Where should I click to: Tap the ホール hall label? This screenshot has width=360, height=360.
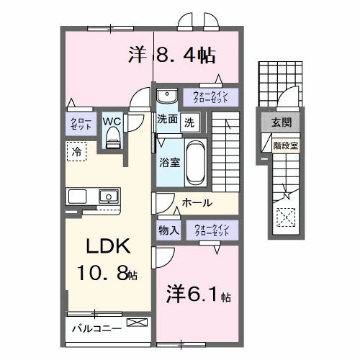click(197, 204)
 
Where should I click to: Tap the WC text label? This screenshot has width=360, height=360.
click(111, 121)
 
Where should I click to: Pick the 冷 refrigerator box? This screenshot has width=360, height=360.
click(76, 151)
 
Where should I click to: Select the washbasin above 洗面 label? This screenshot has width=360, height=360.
click(168, 96)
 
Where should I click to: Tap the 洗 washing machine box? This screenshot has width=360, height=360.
click(188, 122)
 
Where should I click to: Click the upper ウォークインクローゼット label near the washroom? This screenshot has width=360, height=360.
click(211, 96)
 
